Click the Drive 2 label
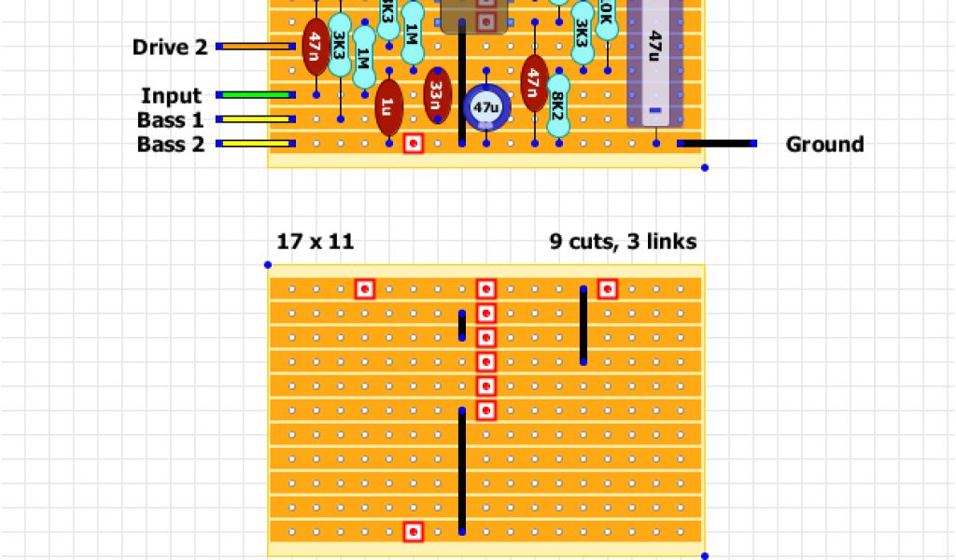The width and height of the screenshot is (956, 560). pos(170,47)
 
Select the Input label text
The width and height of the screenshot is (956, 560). pos(171,95)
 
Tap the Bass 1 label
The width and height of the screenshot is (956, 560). pos(170,119)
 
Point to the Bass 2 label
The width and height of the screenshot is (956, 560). pos(170,144)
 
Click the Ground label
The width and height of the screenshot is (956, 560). pos(824,144)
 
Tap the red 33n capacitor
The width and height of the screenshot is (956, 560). pos(437,95)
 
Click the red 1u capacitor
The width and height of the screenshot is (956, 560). pos(388,106)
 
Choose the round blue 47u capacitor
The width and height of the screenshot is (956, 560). pos(485,107)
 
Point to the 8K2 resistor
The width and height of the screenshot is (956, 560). pos(558,106)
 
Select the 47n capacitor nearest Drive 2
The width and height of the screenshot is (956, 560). pos(316,47)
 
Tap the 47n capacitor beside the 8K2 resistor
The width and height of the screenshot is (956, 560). pos(534,84)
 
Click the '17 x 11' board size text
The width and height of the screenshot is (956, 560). pos(315,242)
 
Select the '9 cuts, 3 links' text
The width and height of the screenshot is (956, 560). pos(623,242)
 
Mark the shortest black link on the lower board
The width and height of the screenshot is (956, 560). pos(461,326)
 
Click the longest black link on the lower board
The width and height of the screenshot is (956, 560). pos(461,470)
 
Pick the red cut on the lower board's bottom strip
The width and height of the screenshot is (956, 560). pos(413,531)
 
